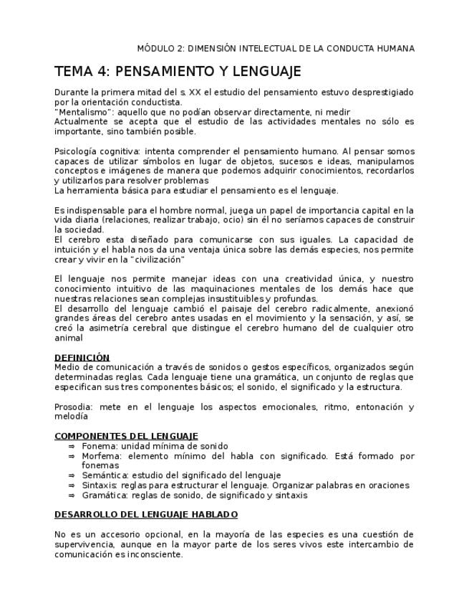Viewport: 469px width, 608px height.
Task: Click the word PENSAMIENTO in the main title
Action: [x=163, y=71]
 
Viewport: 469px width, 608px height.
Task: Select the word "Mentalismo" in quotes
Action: [x=84, y=112]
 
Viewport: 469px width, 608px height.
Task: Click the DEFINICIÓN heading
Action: [x=82, y=357]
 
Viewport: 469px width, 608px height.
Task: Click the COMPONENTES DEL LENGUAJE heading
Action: [x=126, y=436]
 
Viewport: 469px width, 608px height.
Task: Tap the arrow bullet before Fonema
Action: [x=72, y=445]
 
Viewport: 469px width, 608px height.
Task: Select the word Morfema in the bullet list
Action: [x=100, y=455]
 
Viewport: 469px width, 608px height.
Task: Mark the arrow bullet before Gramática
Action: [x=72, y=495]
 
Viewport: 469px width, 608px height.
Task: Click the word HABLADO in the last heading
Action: [x=216, y=514]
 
